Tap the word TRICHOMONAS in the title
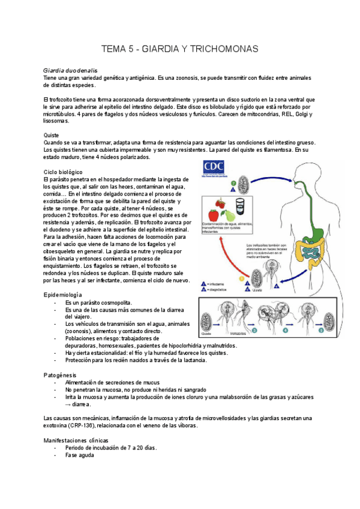click(228, 49)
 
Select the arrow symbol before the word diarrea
click(69, 405)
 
